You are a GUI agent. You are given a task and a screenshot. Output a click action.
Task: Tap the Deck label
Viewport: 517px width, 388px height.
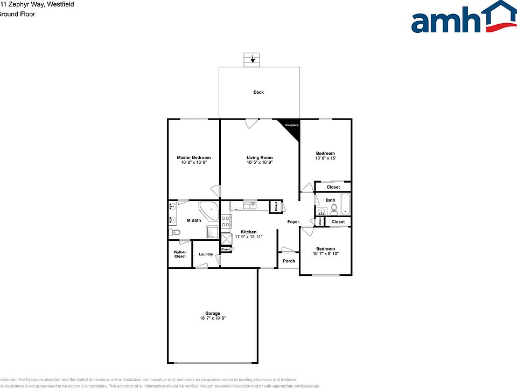(258, 92)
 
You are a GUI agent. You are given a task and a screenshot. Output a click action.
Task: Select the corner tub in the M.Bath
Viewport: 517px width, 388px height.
(208, 210)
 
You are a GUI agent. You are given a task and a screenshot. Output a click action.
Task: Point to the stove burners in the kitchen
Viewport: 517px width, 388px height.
(226, 221)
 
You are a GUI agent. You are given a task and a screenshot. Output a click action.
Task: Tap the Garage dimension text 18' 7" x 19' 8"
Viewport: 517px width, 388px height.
(212, 318)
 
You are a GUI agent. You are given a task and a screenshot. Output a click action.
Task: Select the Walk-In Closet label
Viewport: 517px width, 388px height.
(180, 254)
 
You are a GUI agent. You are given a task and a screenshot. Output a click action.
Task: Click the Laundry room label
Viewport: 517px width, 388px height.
(206, 254)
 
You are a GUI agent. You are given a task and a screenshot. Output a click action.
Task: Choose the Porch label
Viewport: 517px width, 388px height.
(289, 261)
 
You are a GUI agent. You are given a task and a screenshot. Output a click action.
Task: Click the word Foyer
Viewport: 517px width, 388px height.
(293, 221)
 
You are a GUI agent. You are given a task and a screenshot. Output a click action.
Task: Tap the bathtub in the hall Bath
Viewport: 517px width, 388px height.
(345, 205)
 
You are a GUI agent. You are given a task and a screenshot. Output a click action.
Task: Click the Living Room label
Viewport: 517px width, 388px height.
(260, 157)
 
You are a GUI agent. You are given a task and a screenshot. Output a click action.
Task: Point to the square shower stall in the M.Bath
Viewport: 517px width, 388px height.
(212, 231)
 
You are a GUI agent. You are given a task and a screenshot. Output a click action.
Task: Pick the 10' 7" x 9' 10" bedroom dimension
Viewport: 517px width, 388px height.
(325, 254)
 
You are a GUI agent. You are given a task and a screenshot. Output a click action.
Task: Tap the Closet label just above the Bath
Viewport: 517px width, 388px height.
(333, 187)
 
